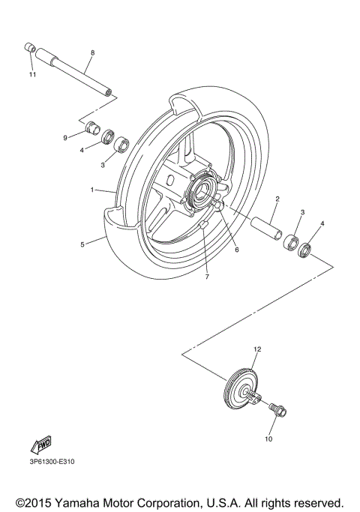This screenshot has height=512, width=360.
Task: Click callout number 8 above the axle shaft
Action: coord(92,53)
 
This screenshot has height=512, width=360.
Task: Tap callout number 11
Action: coord(32,75)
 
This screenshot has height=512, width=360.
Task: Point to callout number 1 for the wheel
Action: coord(92,190)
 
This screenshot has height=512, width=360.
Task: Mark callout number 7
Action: coord(207,277)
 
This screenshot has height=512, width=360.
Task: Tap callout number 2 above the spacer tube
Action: coord(277,199)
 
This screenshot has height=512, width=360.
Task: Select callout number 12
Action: coord(256,349)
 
